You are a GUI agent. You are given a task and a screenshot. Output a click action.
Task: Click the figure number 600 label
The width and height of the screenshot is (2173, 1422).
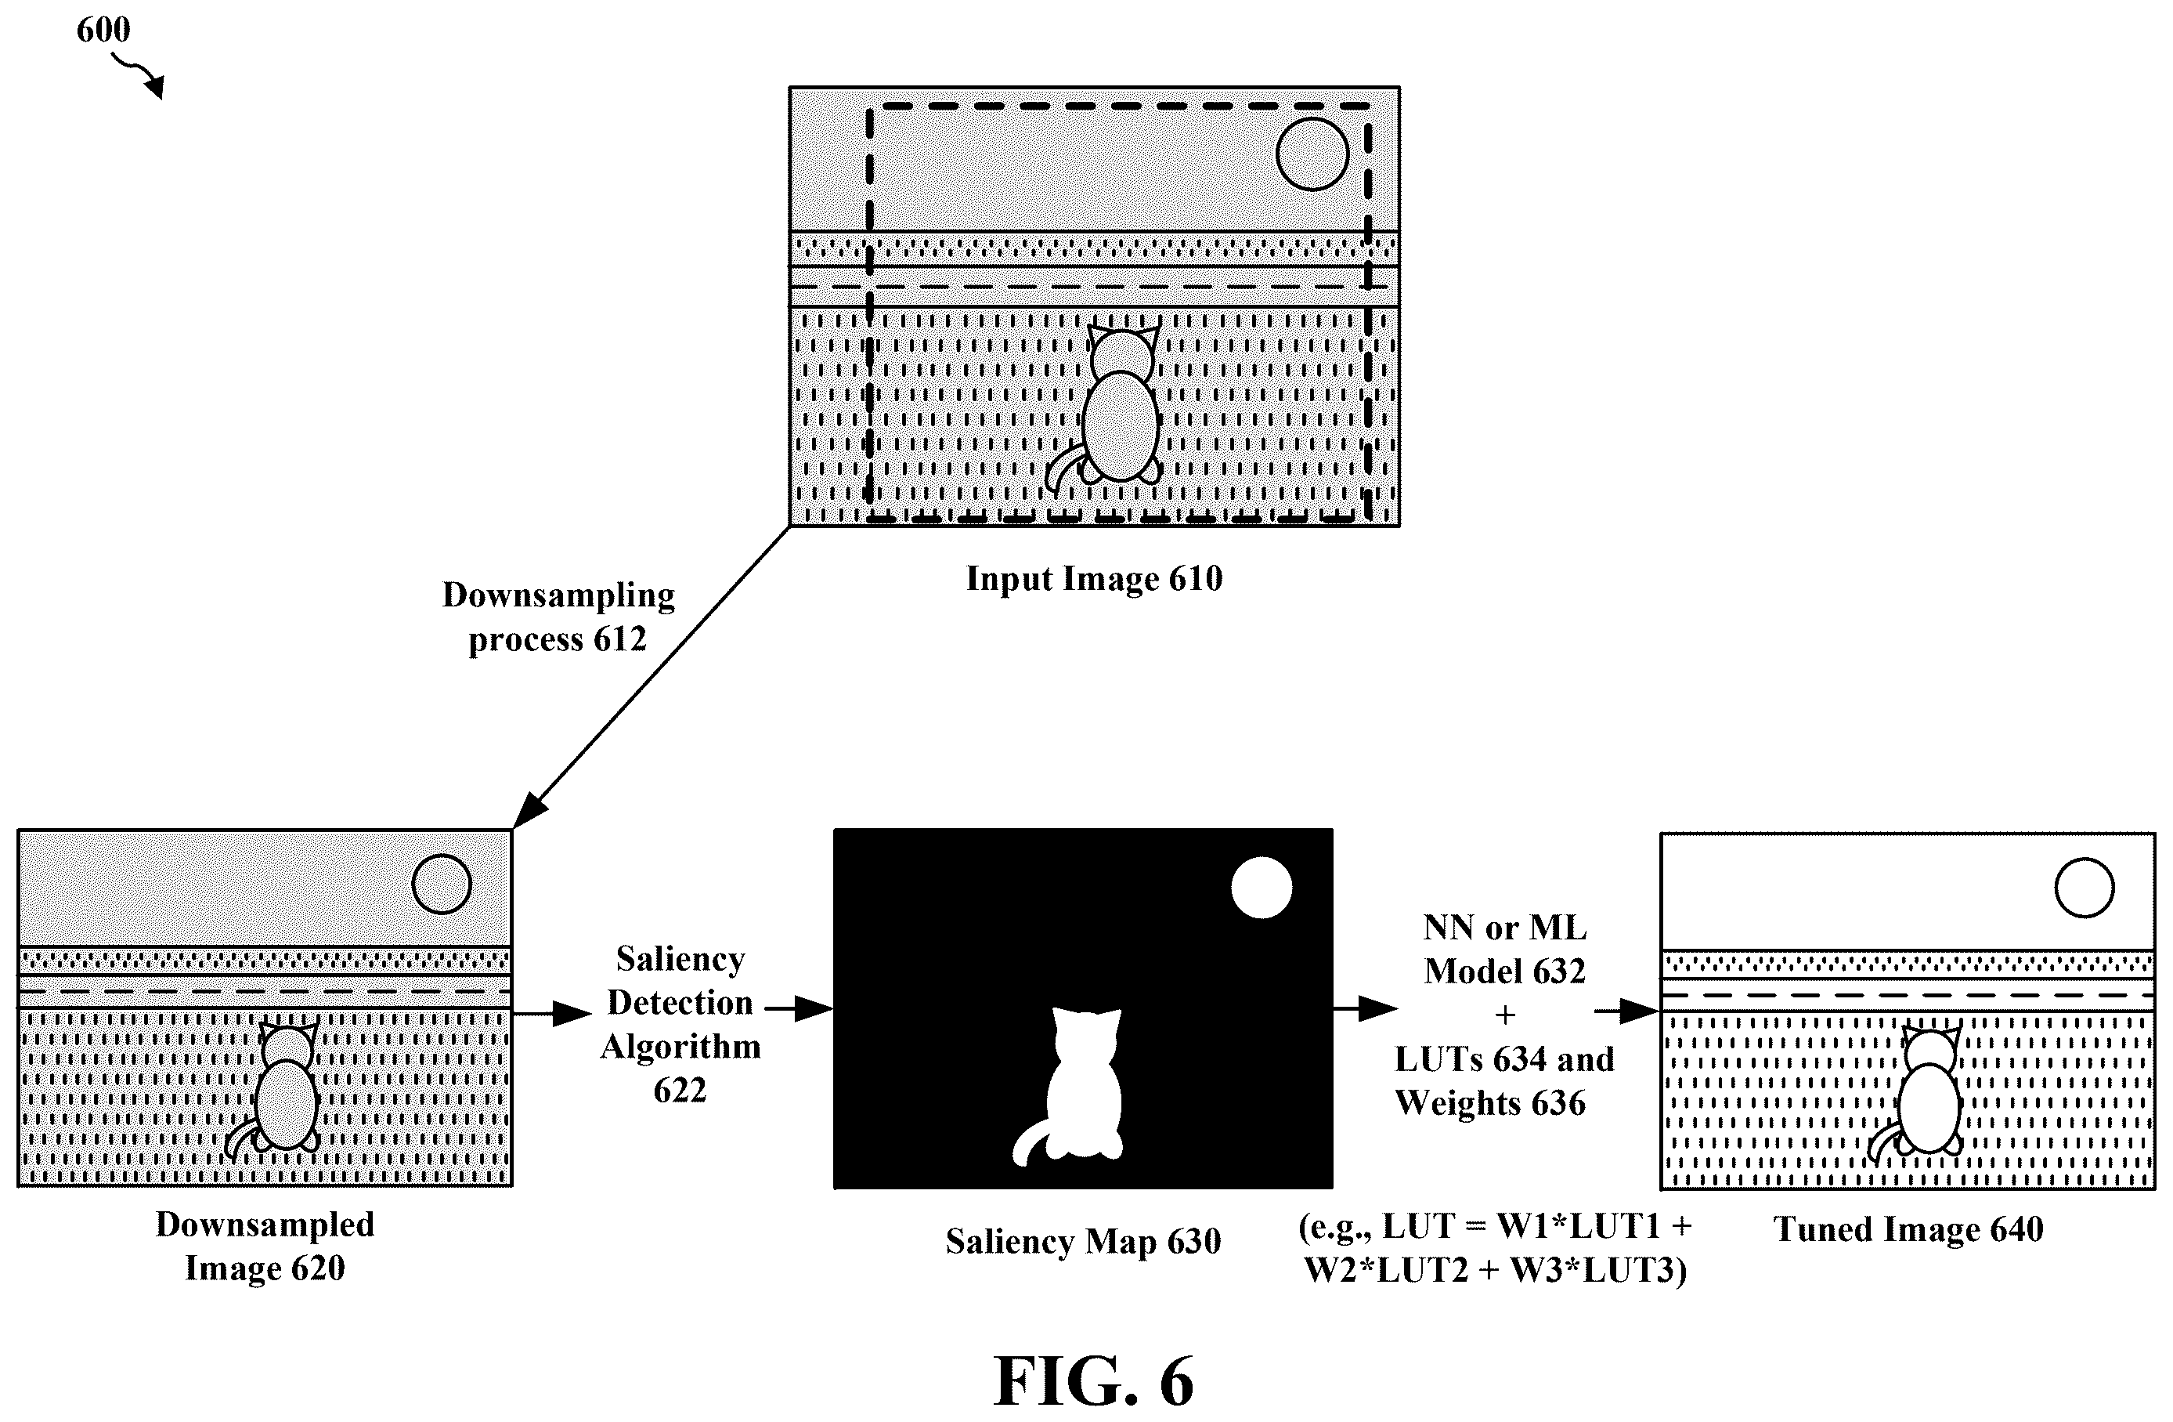103,30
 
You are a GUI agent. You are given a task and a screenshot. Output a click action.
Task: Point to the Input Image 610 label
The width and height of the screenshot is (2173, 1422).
1094,578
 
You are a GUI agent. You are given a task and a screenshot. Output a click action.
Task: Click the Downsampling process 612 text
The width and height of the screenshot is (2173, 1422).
558,617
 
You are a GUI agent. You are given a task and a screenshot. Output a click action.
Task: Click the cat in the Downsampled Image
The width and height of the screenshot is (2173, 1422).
273,1091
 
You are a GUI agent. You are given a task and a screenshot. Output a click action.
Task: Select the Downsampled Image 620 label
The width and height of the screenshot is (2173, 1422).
265,1246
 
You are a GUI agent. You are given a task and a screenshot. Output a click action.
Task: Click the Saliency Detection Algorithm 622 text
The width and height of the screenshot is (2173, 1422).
680,1024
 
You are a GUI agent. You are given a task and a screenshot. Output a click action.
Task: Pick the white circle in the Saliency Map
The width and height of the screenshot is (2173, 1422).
1261,887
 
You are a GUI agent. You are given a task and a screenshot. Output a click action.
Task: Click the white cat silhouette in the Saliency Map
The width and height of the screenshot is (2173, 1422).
1072,1087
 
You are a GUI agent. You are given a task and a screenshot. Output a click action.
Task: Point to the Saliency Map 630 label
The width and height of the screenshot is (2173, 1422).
1083,1241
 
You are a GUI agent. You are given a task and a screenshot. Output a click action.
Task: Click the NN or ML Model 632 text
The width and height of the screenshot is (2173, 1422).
1505,949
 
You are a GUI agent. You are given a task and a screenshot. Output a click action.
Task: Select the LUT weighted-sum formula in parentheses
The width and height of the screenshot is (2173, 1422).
1496,1247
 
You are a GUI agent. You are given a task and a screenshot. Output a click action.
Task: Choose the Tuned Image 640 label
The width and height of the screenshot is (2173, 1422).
1908,1229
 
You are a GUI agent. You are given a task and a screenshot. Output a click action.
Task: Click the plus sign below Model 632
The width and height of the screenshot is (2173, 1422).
1505,1015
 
